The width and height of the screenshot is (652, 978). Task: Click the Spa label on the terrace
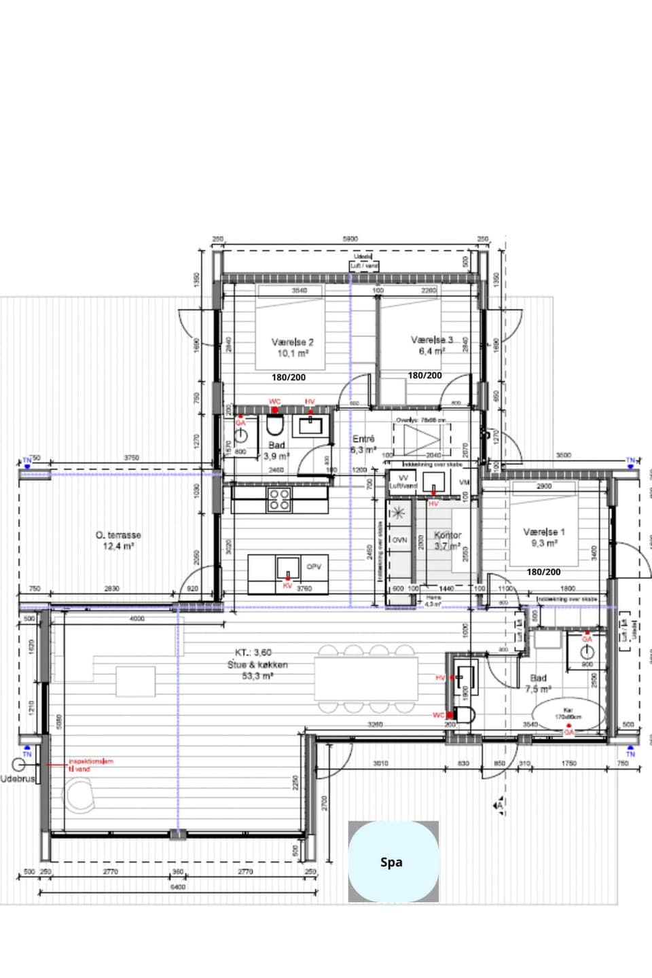(391, 863)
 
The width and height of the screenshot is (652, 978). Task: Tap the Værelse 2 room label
(293, 343)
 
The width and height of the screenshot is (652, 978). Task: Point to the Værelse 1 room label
(543, 532)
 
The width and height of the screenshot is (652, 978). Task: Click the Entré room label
(363, 439)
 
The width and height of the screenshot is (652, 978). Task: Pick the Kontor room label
(448, 535)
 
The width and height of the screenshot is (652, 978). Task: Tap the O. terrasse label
(118, 535)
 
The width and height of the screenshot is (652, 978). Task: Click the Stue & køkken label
(257, 665)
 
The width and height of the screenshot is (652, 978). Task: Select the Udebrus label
(17, 778)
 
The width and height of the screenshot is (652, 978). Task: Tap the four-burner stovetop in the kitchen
(279, 499)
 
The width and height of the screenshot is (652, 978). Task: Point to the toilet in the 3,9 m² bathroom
(274, 426)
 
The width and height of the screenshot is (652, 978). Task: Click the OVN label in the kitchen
(399, 540)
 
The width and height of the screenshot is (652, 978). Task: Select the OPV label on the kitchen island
(313, 566)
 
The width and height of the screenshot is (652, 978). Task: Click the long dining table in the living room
(367, 678)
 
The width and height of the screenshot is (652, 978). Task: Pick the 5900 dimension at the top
(350, 239)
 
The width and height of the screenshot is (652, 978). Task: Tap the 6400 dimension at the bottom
(177, 887)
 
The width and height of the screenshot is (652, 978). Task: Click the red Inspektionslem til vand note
(90, 765)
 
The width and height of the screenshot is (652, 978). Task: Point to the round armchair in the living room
(81, 795)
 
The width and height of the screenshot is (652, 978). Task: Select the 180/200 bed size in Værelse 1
(543, 572)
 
